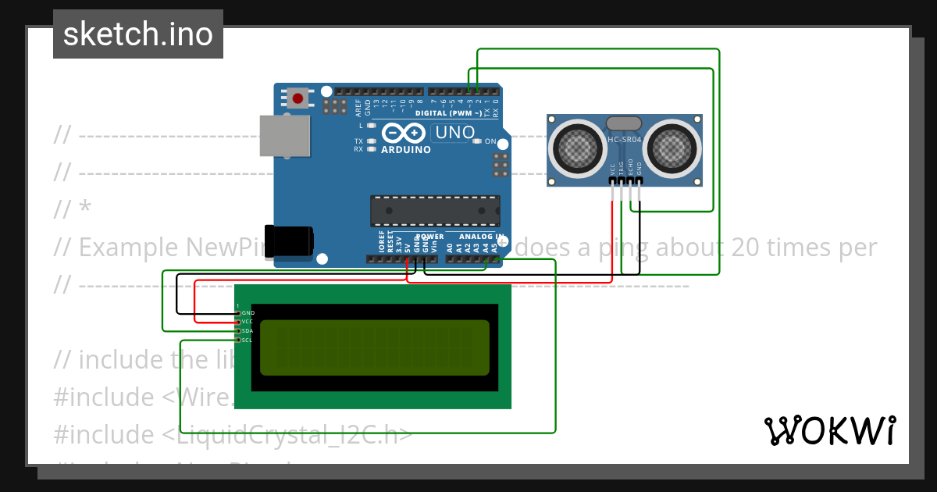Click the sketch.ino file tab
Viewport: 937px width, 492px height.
point(138,34)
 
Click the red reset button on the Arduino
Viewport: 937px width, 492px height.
point(297,98)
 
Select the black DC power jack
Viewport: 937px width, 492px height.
point(288,241)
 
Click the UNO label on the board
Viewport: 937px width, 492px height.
point(454,133)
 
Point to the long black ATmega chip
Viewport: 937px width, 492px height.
point(435,211)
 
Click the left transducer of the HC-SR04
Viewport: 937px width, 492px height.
point(579,146)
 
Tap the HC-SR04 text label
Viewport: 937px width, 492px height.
point(625,140)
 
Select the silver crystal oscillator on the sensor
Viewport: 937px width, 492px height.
point(624,123)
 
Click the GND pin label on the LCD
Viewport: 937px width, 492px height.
point(248,312)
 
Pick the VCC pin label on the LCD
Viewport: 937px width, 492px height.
point(248,322)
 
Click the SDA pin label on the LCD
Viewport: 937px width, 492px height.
point(248,331)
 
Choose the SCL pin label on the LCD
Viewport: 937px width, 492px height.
point(248,340)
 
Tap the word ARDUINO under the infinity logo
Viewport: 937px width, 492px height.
point(405,150)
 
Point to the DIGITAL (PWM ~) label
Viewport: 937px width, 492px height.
point(447,113)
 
